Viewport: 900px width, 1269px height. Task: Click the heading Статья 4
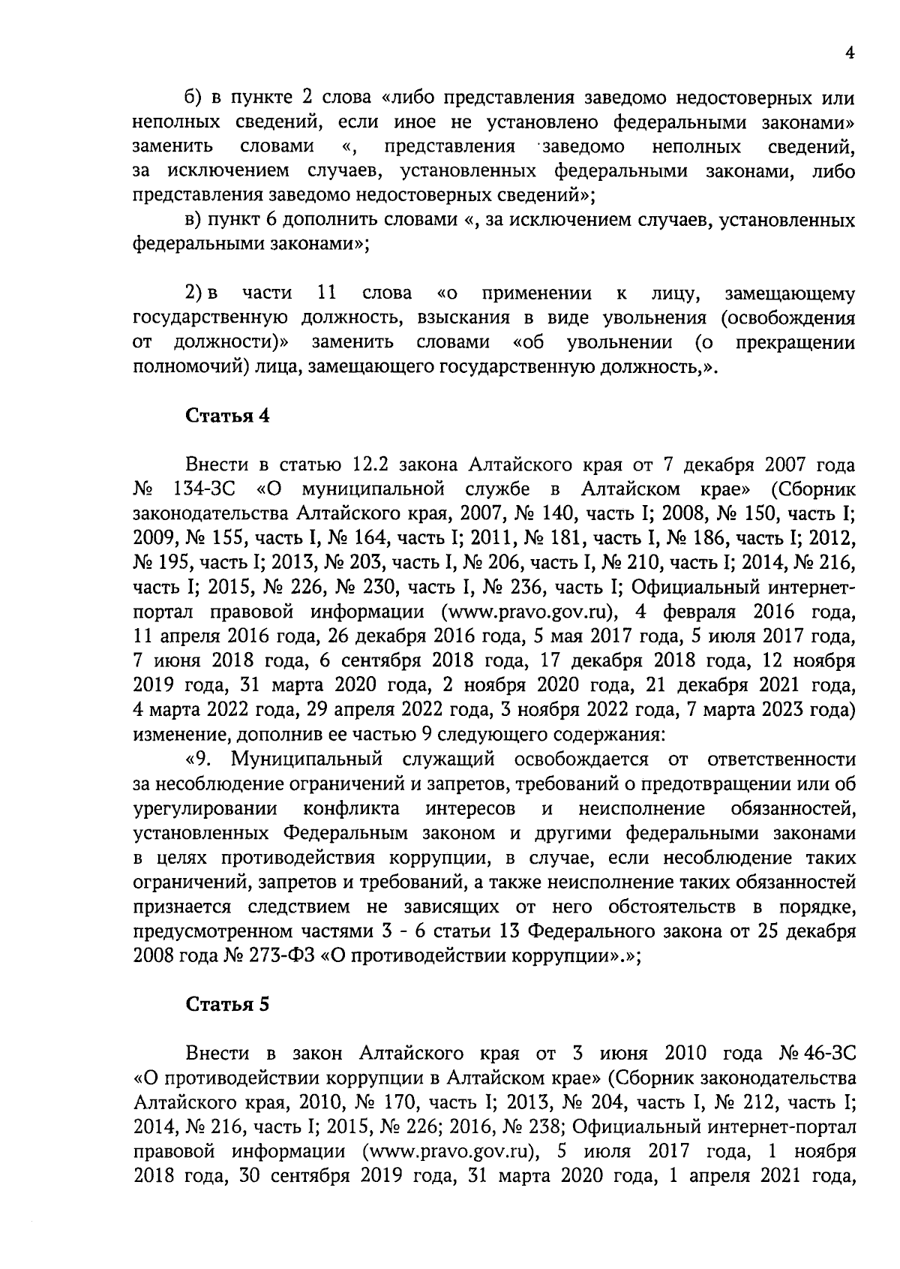tap(227, 416)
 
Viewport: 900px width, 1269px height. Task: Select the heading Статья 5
tap(227, 1005)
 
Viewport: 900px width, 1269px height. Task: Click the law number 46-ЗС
tap(827, 1054)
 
